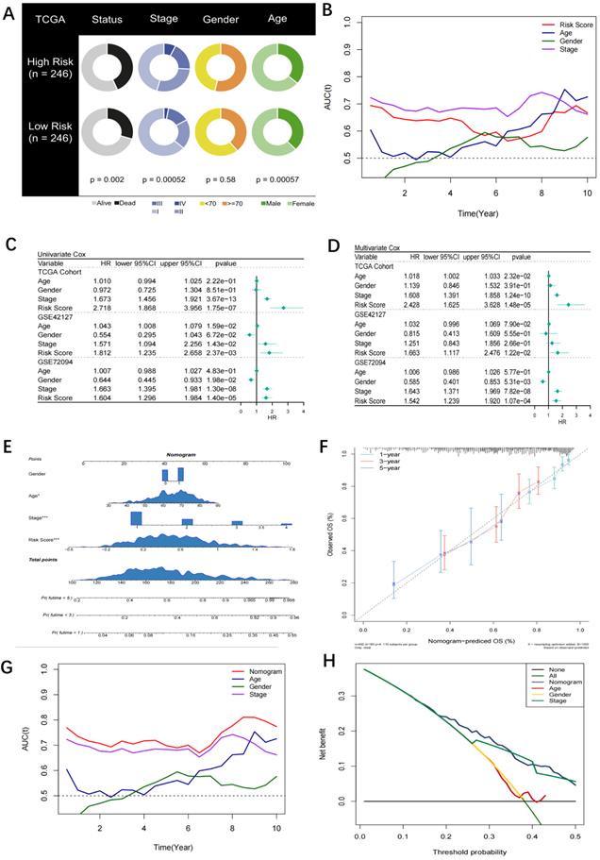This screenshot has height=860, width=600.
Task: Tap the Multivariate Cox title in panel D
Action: click(x=381, y=246)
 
